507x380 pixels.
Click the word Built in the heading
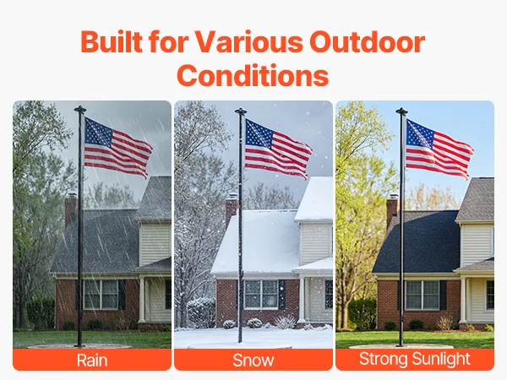click(112, 42)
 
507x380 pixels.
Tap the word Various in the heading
click(248, 42)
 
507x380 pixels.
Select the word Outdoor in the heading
click(367, 42)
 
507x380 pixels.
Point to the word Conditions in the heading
click(253, 75)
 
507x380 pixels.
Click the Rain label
click(92, 360)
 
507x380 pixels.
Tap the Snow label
click(253, 360)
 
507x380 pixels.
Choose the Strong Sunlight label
click(415, 359)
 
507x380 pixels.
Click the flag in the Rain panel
click(117, 148)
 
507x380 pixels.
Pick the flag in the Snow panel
click(278, 149)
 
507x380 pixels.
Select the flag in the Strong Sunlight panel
click(439, 149)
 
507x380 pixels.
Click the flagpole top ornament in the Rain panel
click(80, 109)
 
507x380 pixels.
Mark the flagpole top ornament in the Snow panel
click(241, 111)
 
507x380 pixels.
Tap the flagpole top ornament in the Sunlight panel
click(401, 111)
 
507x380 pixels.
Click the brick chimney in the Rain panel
click(71, 209)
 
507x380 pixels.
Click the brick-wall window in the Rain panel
click(101, 295)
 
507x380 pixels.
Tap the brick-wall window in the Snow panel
click(262, 295)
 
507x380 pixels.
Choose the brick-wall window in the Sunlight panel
click(422, 295)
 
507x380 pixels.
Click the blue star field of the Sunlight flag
click(420, 133)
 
